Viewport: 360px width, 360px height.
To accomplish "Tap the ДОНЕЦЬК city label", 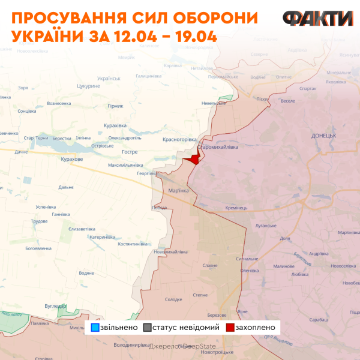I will (x=324, y=136).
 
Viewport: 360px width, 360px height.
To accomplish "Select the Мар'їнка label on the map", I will (x=179, y=191).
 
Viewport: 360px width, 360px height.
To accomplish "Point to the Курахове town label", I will (x=72, y=160).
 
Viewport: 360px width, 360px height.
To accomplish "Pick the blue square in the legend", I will (x=95, y=328).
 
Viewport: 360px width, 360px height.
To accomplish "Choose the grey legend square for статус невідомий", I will (x=148, y=328).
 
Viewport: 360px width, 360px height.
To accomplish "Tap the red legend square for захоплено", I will (x=230, y=328).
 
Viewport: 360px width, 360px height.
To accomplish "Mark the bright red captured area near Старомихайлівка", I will (x=193, y=159).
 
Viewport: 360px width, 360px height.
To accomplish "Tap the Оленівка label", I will (x=249, y=270).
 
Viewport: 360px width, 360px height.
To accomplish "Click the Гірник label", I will (x=115, y=106).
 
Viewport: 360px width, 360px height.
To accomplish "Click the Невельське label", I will (x=214, y=103).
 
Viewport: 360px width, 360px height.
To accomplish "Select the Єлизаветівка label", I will (x=82, y=229).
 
